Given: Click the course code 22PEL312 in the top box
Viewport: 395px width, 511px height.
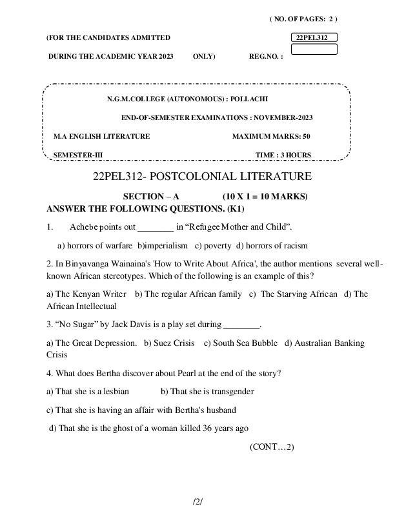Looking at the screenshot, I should tap(312, 38).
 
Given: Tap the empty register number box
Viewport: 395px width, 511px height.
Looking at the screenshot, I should tap(314, 50).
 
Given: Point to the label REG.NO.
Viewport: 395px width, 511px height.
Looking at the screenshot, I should tap(266, 57).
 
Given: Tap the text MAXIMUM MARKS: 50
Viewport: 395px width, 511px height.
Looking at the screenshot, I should tap(271, 136).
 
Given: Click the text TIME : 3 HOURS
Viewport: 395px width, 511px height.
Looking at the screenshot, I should tap(283, 155).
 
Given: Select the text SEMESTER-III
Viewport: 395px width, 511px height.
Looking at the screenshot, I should tap(78, 155).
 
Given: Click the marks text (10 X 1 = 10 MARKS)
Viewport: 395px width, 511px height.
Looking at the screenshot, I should tap(265, 196).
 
